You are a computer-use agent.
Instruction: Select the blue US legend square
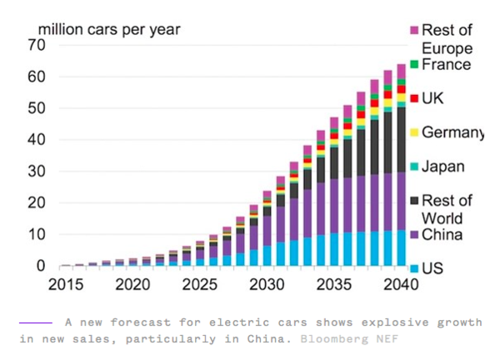pos(414,269)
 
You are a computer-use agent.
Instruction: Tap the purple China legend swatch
pos(414,235)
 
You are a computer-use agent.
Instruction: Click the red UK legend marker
pos(414,98)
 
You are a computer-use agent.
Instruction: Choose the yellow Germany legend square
pos(414,132)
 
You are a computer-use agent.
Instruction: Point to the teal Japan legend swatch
pos(414,167)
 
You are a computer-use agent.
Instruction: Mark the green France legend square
pos(414,64)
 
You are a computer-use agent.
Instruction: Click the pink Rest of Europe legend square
pos(414,31)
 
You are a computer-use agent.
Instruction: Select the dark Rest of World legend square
pos(414,201)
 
